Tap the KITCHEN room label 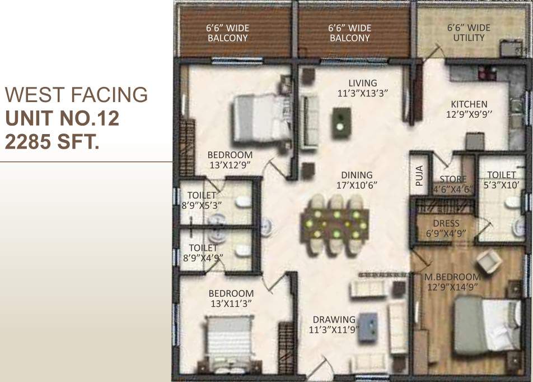coord(469,109)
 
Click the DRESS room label coord(446,228)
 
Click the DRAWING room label coord(334,325)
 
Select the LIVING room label coord(362,88)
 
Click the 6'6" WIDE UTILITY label coord(469,33)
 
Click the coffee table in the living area coord(341,123)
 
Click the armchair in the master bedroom coord(488,260)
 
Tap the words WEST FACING coord(76,95)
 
